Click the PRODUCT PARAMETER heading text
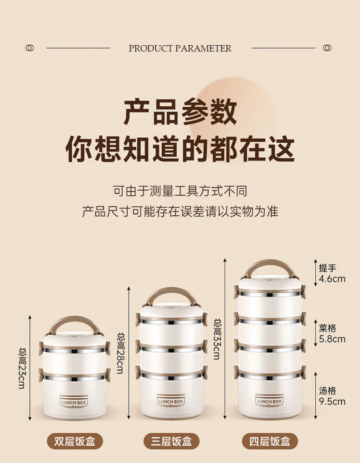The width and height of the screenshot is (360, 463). click(x=180, y=48)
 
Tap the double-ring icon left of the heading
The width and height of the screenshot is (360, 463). click(x=30, y=48)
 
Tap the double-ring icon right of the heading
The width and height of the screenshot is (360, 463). click(x=327, y=48)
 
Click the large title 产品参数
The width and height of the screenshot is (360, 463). click(x=180, y=112)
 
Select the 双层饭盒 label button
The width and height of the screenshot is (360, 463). click(x=75, y=442)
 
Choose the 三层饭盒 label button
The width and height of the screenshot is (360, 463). click(x=171, y=442)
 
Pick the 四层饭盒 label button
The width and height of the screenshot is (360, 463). click(x=270, y=442)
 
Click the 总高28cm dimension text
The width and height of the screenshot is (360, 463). click(x=121, y=353)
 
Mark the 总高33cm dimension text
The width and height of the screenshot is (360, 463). click(x=217, y=338)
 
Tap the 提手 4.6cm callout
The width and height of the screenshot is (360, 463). click(x=332, y=273)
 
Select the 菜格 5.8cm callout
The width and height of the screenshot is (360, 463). click(x=332, y=333)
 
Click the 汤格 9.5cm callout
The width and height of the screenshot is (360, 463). click(x=332, y=396)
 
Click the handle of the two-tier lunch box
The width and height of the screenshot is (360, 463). click(x=75, y=318)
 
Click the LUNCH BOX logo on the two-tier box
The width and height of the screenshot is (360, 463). click(x=74, y=402)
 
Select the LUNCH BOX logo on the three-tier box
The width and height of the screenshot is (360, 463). click(x=171, y=401)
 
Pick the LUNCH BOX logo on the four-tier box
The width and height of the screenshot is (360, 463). click(x=269, y=401)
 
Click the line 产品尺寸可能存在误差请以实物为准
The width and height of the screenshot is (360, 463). click(x=180, y=211)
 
